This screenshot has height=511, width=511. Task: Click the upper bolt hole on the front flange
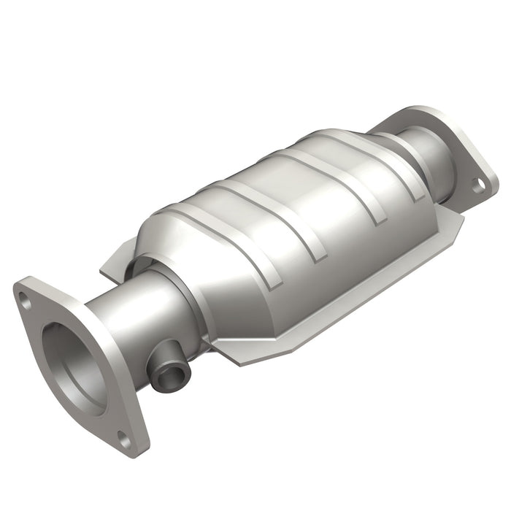tap(27, 298)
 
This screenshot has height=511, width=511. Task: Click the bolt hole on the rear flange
tap(477, 186)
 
